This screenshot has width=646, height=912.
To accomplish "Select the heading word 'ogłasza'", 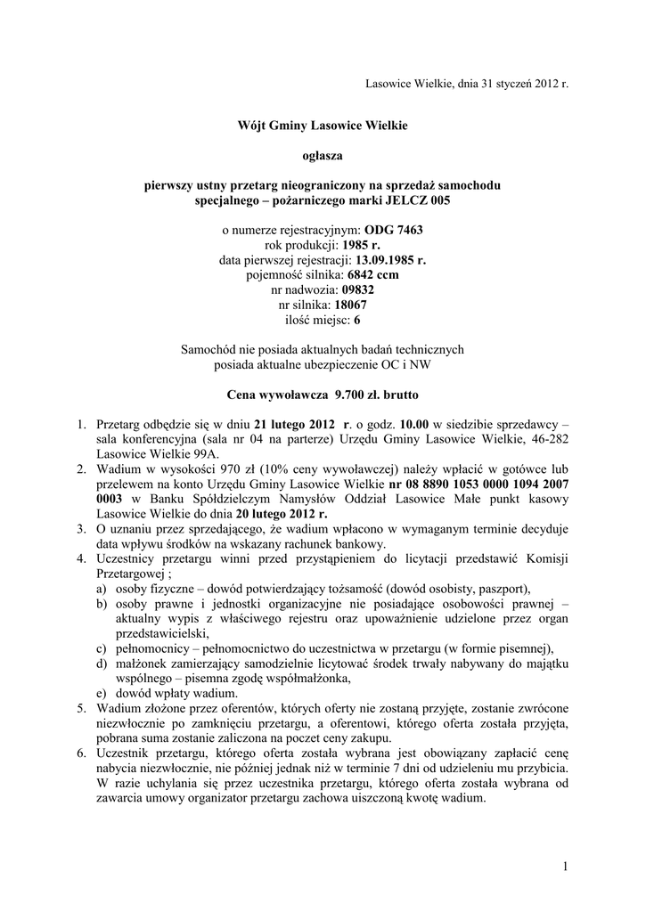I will pos(323,156).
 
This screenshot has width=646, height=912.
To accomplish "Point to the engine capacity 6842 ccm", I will pos(373,275).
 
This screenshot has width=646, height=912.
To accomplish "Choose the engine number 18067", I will pos(349,305).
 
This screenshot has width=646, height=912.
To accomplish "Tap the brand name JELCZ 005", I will pos(413,200).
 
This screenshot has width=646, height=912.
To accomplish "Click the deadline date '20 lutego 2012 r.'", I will pos(282,514).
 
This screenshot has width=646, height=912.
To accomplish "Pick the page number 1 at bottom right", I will pos(565,866).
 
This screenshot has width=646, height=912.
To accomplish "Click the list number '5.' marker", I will pos(81,709).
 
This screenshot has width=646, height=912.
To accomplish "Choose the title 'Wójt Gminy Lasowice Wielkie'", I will pos(323,126).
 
